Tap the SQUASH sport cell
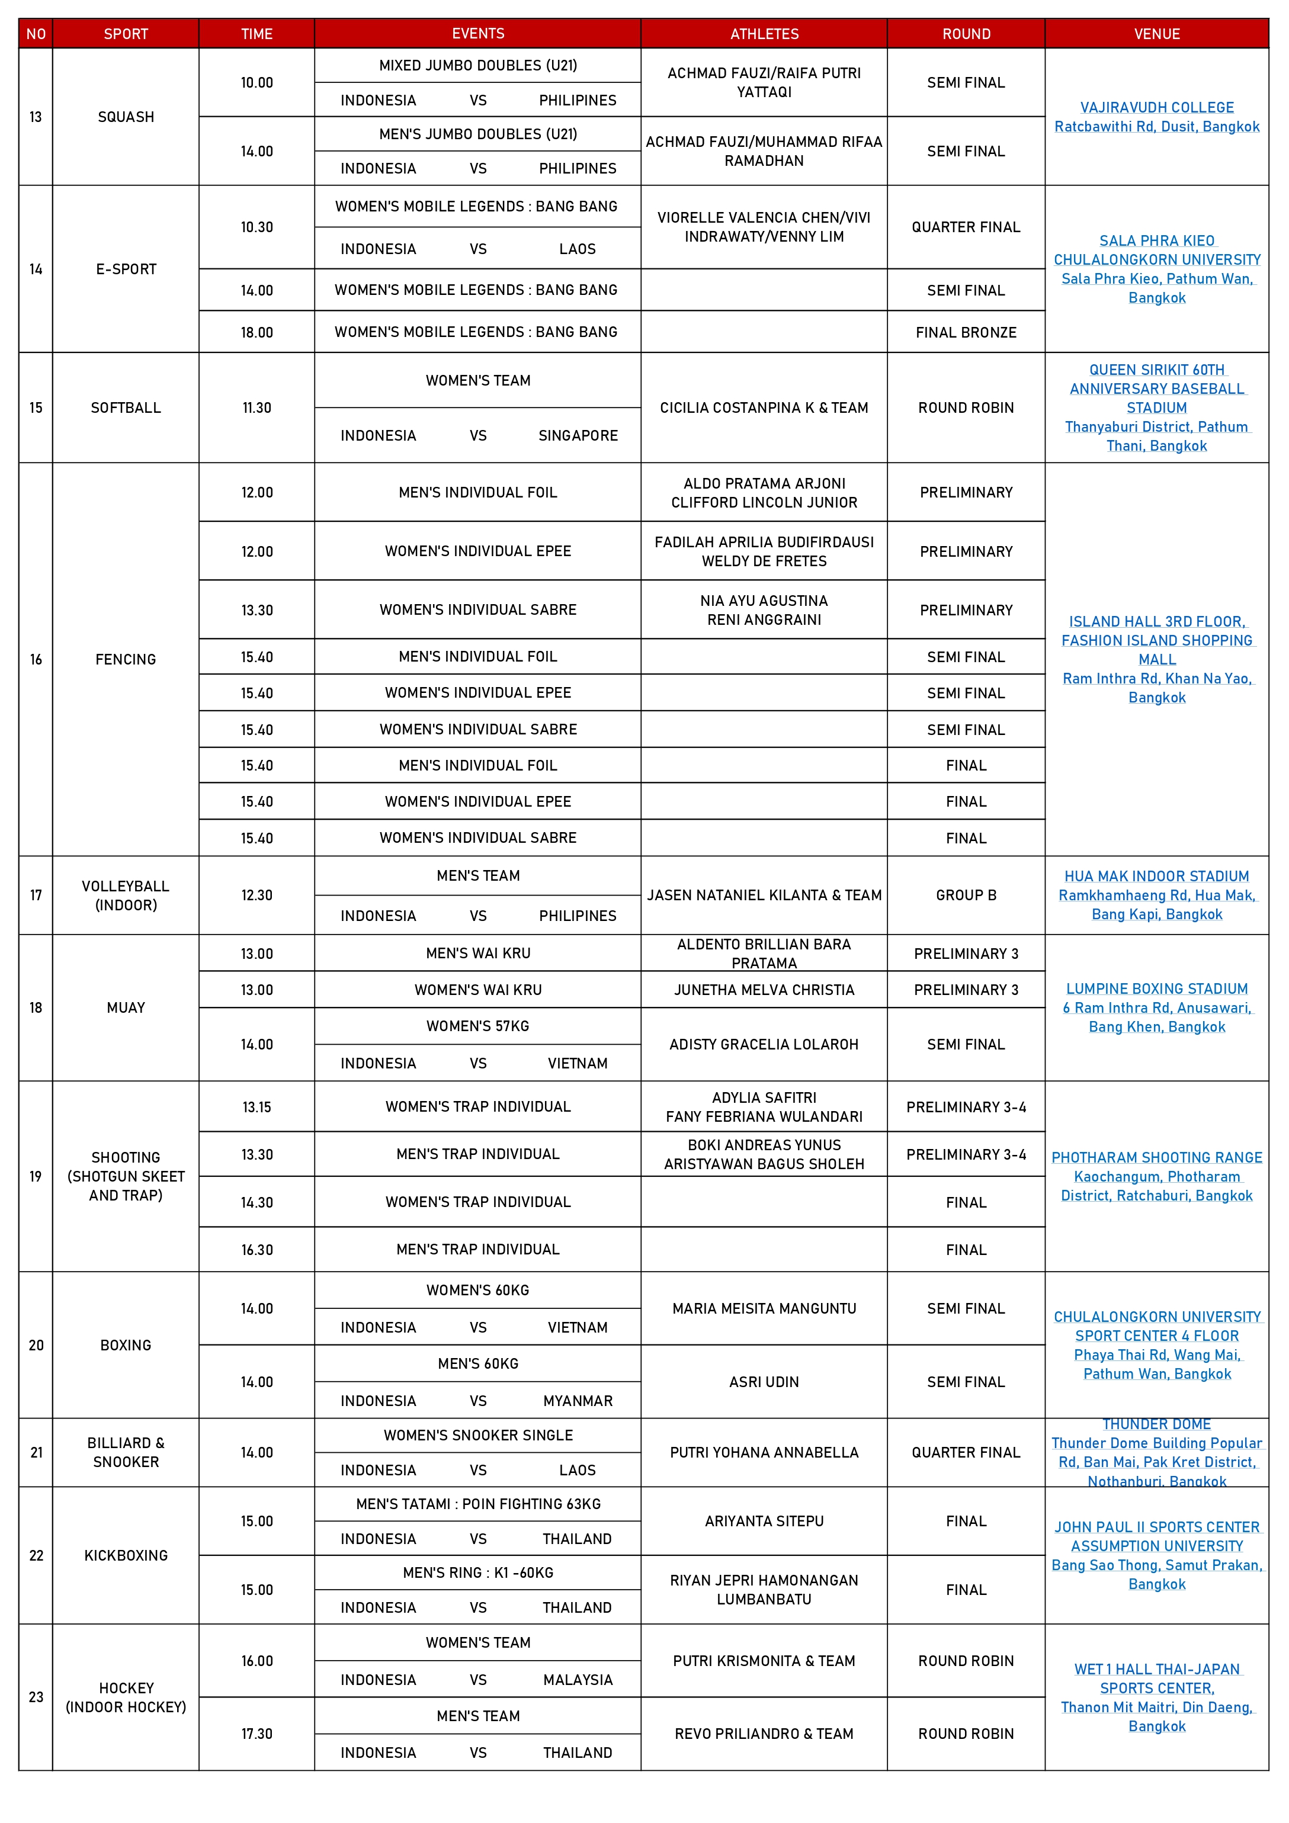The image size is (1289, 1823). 126,117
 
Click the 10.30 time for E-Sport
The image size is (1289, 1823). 256,227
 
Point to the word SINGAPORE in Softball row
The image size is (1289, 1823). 578,435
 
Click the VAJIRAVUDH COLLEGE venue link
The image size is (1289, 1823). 1156,107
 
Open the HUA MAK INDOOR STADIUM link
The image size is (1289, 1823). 1156,876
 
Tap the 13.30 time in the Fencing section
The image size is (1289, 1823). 256,610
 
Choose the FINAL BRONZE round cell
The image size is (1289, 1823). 966,332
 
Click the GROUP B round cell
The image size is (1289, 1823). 966,895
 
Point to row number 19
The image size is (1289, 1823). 36,1176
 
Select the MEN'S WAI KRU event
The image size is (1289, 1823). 477,953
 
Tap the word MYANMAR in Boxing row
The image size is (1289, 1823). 578,1401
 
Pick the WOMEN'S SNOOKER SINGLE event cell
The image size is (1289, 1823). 477,1434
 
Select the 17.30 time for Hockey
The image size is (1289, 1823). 256,1734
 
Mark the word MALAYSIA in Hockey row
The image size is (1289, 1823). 578,1679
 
